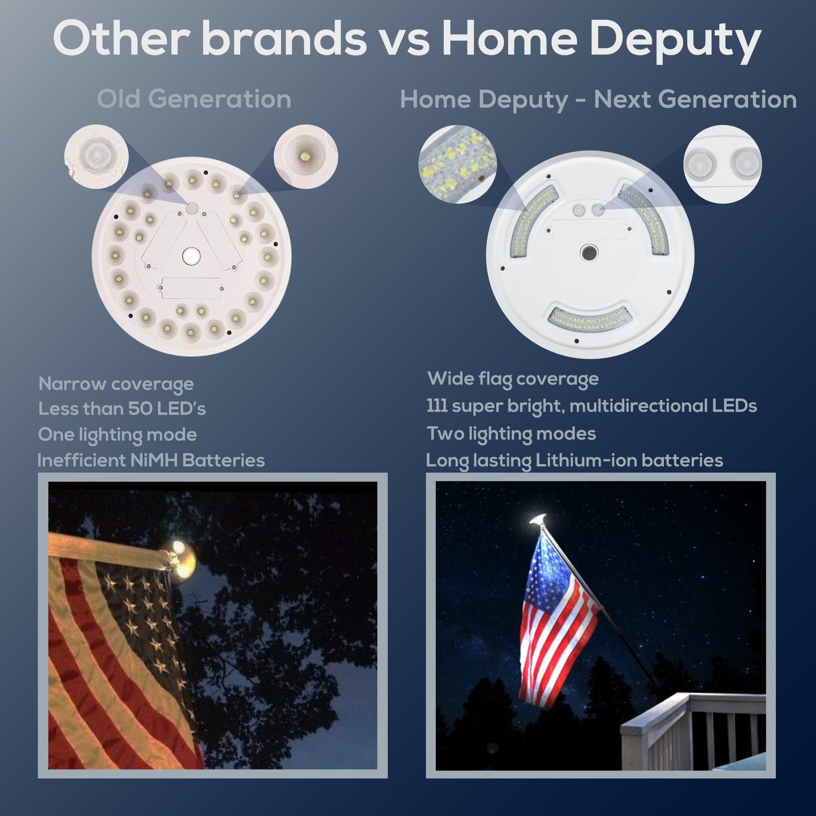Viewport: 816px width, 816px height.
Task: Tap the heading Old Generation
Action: [x=194, y=99]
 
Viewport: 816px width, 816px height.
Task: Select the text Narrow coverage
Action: [x=116, y=384]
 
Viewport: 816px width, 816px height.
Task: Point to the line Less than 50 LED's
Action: [x=122, y=409]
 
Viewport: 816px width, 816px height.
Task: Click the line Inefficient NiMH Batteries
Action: [x=151, y=460]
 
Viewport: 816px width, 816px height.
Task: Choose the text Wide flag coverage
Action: [x=513, y=379]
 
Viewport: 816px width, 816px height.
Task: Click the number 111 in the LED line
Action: [x=437, y=406]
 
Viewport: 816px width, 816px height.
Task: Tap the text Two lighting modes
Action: [x=512, y=434]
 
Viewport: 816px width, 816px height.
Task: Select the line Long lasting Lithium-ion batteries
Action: [x=574, y=461]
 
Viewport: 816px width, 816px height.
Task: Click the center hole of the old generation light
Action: [x=192, y=256]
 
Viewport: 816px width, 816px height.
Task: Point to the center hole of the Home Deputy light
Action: [x=589, y=252]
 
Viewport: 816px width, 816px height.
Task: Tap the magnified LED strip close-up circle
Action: [x=457, y=164]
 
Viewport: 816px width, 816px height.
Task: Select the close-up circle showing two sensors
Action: [x=722, y=164]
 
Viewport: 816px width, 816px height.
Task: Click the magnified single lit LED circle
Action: [x=306, y=156]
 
